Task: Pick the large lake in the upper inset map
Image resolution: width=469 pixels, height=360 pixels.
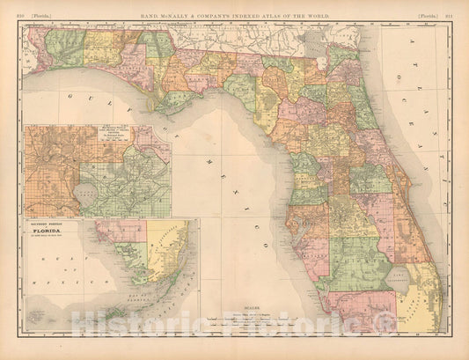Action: pos(86,188)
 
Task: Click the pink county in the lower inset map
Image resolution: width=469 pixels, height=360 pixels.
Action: pos(114,231)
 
